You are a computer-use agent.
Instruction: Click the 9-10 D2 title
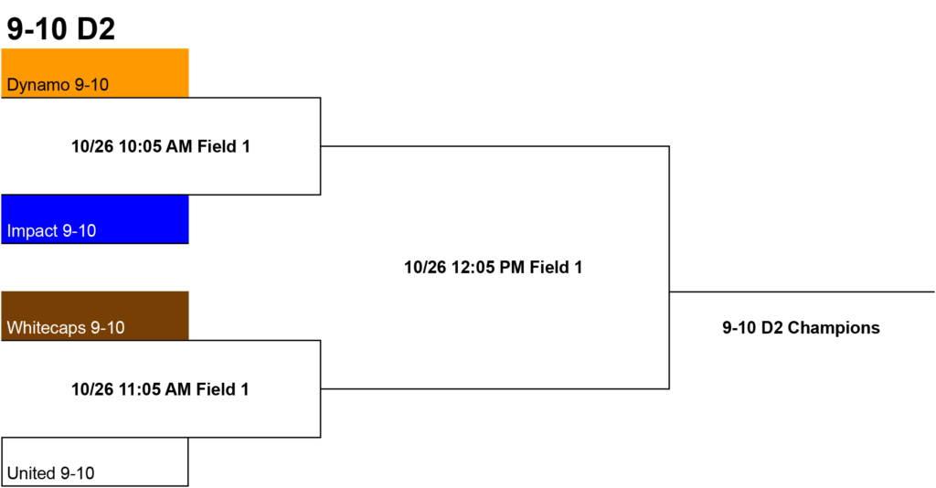click(60, 28)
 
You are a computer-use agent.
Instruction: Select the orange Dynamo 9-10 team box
click(95, 73)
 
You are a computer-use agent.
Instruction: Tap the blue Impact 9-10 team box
click(95, 219)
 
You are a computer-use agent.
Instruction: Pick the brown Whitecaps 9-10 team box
click(95, 315)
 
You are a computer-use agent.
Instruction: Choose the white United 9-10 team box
click(95, 461)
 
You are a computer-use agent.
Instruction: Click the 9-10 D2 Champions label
click(801, 327)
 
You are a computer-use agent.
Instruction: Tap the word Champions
click(834, 327)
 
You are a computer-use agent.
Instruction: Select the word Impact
click(32, 231)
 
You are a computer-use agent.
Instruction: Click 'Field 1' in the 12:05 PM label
click(556, 267)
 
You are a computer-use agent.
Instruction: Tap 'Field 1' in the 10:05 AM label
click(224, 146)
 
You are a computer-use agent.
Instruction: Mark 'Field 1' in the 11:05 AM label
click(223, 389)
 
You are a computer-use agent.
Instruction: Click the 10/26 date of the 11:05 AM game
click(92, 389)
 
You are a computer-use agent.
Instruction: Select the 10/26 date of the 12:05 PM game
click(425, 267)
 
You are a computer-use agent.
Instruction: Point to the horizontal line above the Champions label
click(802, 292)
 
